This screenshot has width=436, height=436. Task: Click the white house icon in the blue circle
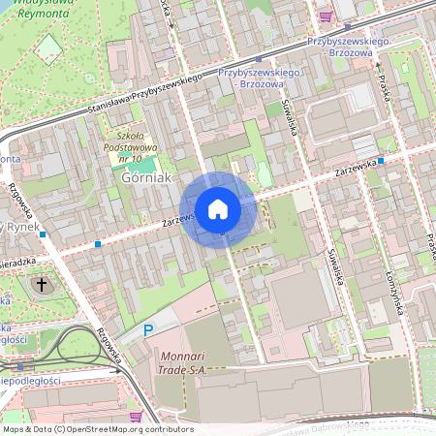[x=217, y=209]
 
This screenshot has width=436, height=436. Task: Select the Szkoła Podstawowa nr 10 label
[x=130, y=146]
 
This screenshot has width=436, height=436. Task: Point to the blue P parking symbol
[x=148, y=330]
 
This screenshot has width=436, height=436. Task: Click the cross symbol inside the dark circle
[x=41, y=285]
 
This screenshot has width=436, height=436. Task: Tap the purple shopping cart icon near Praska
[x=326, y=16]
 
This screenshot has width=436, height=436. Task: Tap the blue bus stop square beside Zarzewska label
[x=382, y=161]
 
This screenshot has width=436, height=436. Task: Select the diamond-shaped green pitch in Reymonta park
[x=48, y=49]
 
